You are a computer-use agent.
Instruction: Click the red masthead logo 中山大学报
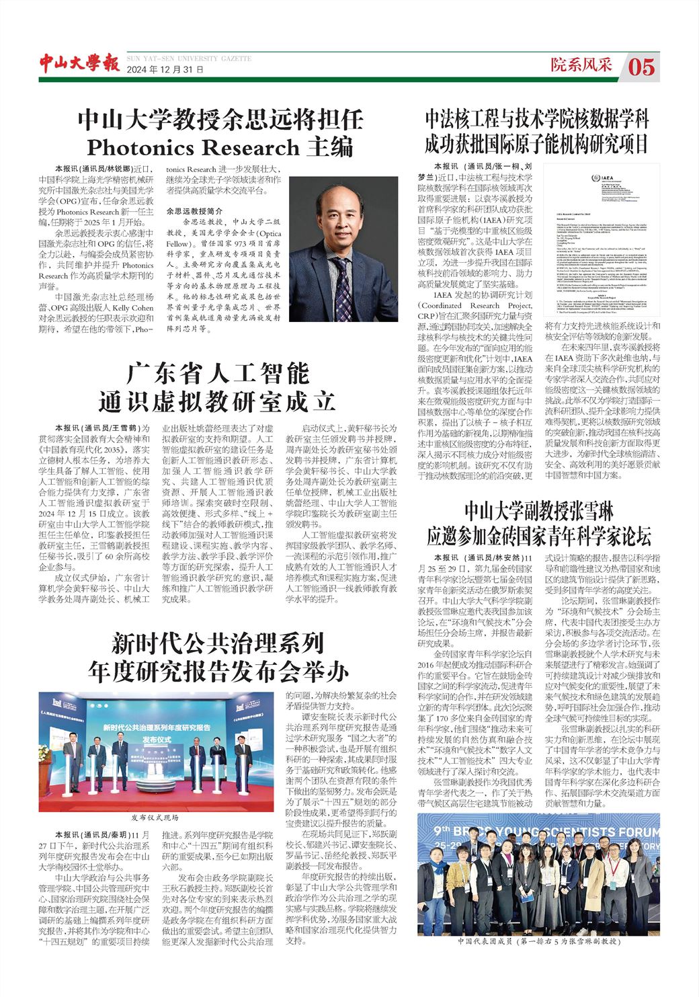(79, 63)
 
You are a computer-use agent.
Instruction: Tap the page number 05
(642, 66)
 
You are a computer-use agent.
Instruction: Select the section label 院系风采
(582, 65)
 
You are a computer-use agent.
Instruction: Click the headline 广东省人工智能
(218, 372)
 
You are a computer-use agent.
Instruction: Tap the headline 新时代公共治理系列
(218, 643)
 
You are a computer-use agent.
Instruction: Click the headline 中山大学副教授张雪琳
(538, 510)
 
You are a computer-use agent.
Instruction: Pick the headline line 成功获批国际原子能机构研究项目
(538, 144)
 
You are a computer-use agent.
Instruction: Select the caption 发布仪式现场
(155, 817)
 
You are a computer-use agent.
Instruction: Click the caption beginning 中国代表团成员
(538, 941)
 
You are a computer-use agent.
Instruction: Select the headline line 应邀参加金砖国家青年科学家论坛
(538, 537)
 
